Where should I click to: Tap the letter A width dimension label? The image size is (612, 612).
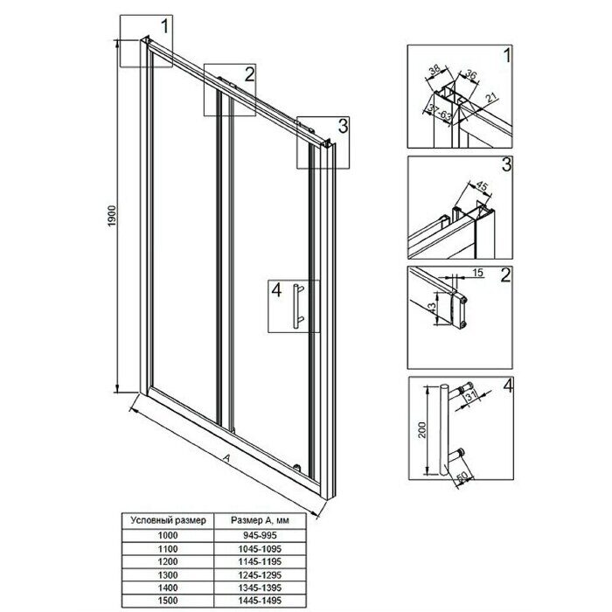tap(226, 458)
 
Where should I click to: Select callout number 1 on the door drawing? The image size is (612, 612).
tap(165, 26)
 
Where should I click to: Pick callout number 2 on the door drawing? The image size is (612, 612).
tap(249, 73)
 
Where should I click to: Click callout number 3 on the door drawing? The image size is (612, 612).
tap(343, 126)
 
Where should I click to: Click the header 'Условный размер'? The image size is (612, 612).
tap(168, 519)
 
